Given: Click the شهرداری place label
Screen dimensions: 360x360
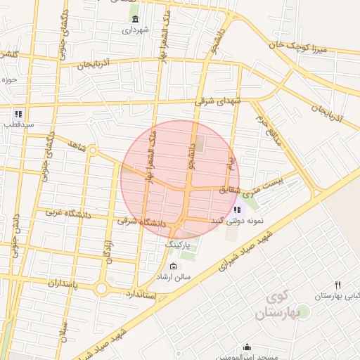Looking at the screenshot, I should (136, 30).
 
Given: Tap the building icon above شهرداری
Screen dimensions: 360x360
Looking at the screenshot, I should (135, 18).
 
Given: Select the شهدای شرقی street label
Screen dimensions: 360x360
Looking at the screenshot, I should (218, 101).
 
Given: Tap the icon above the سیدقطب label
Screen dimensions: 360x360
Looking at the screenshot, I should (18, 113).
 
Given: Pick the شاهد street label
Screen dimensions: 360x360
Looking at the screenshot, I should (77, 145).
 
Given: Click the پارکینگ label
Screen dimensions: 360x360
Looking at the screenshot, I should (178, 243).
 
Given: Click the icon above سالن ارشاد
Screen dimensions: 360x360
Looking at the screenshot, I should (174, 266).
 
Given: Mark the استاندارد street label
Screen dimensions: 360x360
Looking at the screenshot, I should (145, 292).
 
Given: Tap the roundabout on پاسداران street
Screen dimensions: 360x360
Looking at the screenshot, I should (101, 288).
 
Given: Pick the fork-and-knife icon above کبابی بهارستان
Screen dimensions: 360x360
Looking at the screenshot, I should (338, 285).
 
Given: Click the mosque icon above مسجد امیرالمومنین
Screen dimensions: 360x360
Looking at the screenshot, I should (247, 347).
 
